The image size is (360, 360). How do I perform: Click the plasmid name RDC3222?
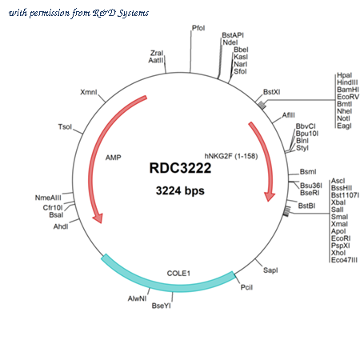click(x=180, y=168)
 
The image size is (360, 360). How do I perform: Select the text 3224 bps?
click(x=180, y=190)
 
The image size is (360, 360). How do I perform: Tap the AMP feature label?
click(x=113, y=158)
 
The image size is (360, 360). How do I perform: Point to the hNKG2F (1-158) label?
click(x=231, y=156)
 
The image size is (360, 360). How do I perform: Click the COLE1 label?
click(x=178, y=274)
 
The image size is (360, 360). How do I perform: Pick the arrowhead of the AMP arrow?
click(x=98, y=218)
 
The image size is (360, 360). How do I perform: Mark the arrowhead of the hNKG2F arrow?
click(x=269, y=196)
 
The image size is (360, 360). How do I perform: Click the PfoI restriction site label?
click(x=198, y=28)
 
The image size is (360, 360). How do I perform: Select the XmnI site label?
click(x=89, y=92)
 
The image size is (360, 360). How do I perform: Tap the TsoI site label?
click(x=65, y=126)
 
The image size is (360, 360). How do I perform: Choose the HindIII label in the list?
click(x=347, y=82)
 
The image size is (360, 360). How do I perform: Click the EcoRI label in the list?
click(x=341, y=238)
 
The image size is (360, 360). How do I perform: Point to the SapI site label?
click(x=270, y=270)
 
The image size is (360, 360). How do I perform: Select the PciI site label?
click(x=246, y=287)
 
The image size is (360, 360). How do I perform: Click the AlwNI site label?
click(x=137, y=298)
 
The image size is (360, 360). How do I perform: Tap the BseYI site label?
click(x=161, y=306)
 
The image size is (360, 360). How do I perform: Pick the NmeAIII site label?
click(x=48, y=198)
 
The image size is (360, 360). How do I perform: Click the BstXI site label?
click(x=271, y=92)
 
